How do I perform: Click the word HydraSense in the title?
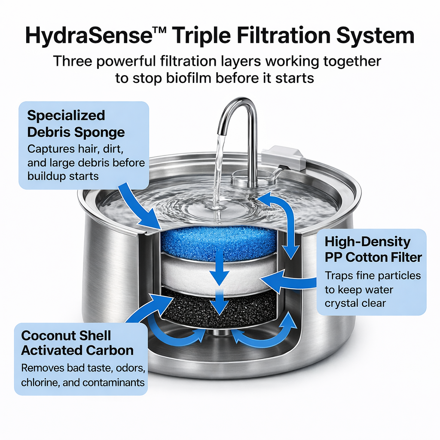pyautogui.click(x=89, y=36)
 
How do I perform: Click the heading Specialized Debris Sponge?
pyautogui.click(x=76, y=124)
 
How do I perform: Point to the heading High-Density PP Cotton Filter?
pyautogui.click(x=373, y=249)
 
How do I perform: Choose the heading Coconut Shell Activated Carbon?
pyautogui.click(x=77, y=343)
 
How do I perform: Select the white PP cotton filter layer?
pyautogui.click(x=219, y=275)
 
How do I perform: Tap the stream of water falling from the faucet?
pyautogui.click(x=218, y=171)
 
